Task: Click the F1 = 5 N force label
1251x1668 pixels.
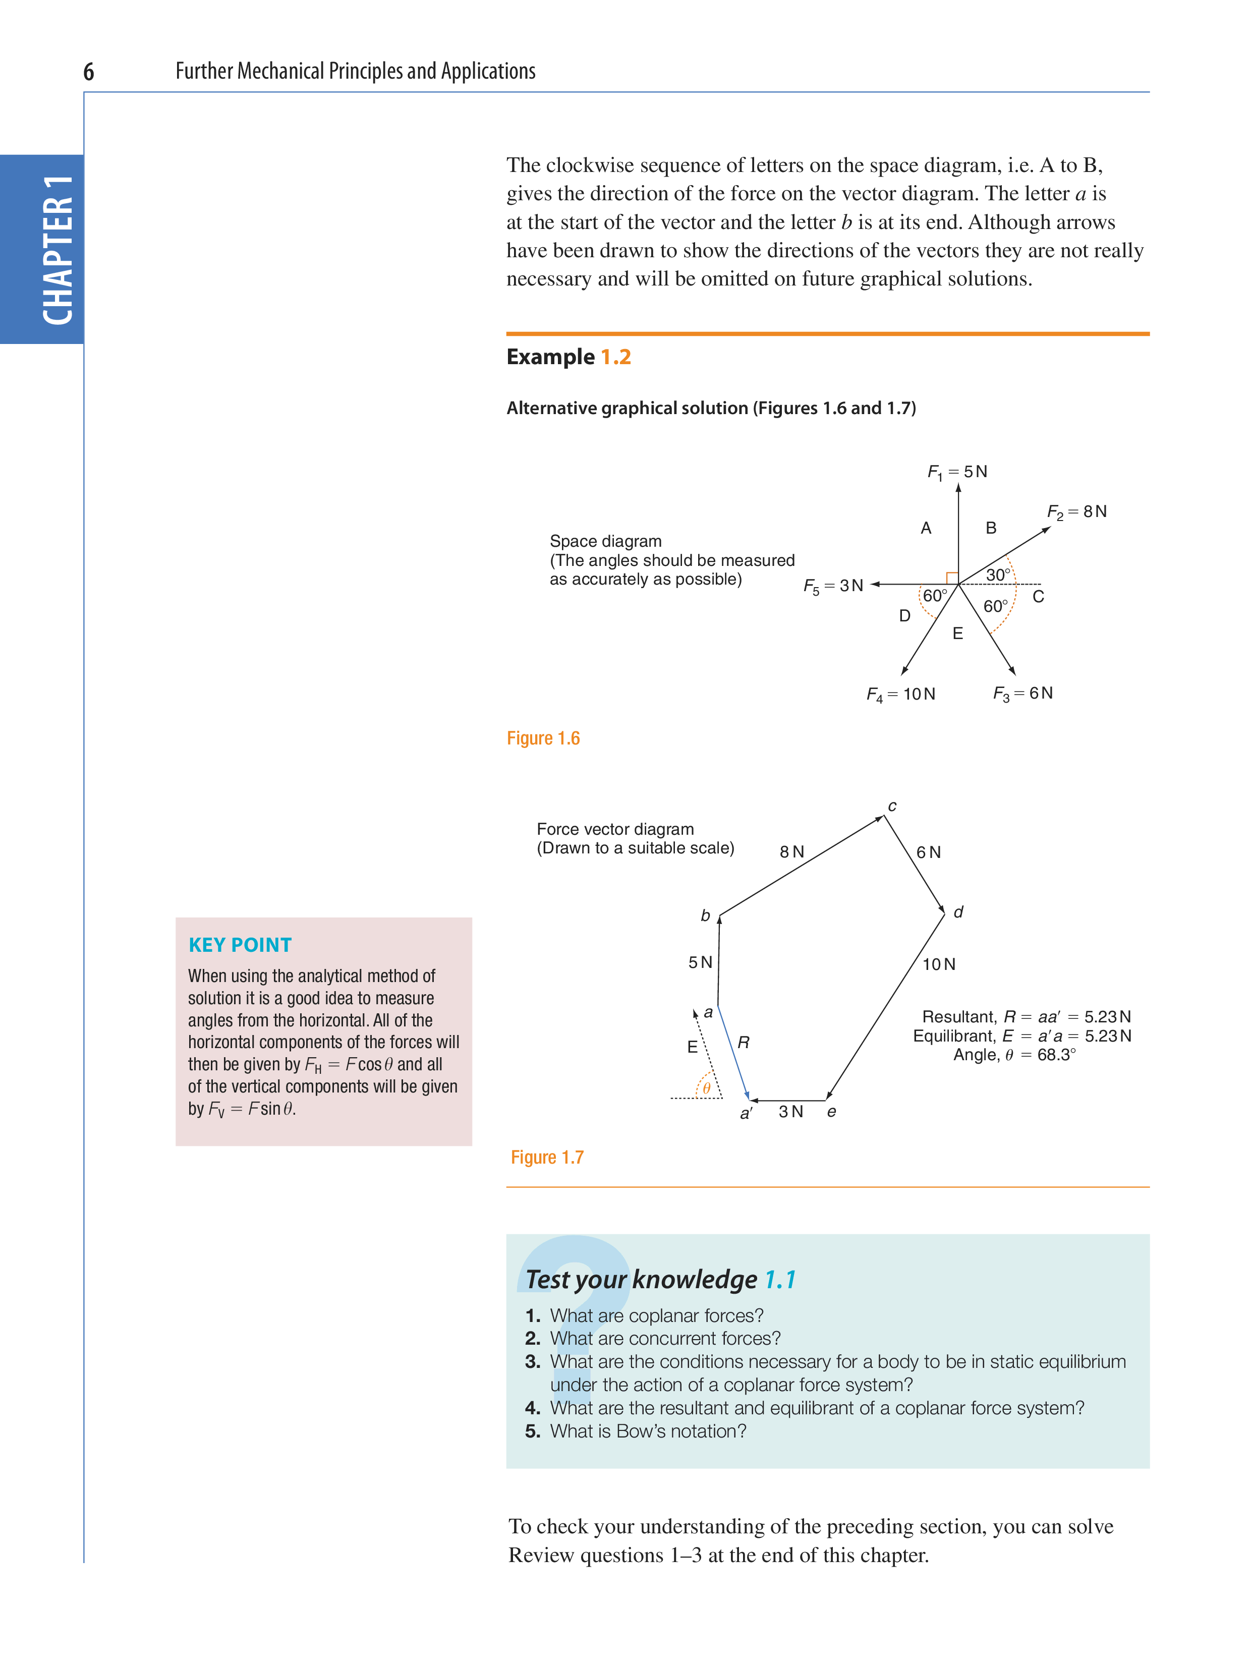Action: [x=957, y=472]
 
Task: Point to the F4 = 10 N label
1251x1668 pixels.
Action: [x=900, y=695]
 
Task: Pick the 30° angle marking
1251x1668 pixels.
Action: [x=997, y=574]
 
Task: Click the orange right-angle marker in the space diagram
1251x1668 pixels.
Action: [x=952, y=578]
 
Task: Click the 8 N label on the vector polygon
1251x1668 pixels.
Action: [x=792, y=852]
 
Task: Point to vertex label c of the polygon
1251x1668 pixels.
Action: [x=892, y=806]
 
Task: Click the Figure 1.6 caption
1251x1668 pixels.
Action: [x=543, y=738]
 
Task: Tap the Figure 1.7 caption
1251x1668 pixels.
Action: [x=547, y=1158]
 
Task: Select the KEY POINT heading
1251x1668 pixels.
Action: [x=240, y=945]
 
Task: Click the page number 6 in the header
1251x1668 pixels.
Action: [x=88, y=73]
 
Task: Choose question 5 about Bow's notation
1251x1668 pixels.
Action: [x=647, y=1431]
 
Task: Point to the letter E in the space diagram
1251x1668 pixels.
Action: [x=957, y=634]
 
